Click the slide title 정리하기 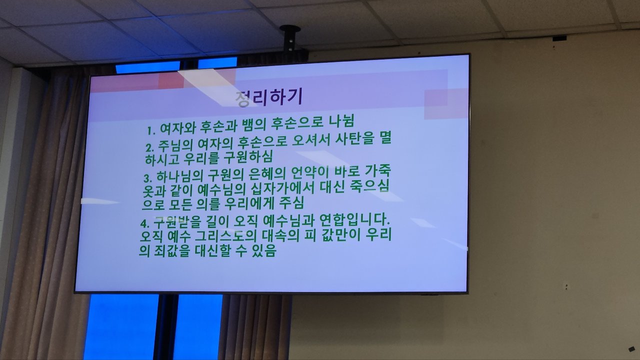(268, 97)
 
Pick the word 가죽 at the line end (377, 170)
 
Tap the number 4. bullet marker (145, 223)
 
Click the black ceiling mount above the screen (290, 39)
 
